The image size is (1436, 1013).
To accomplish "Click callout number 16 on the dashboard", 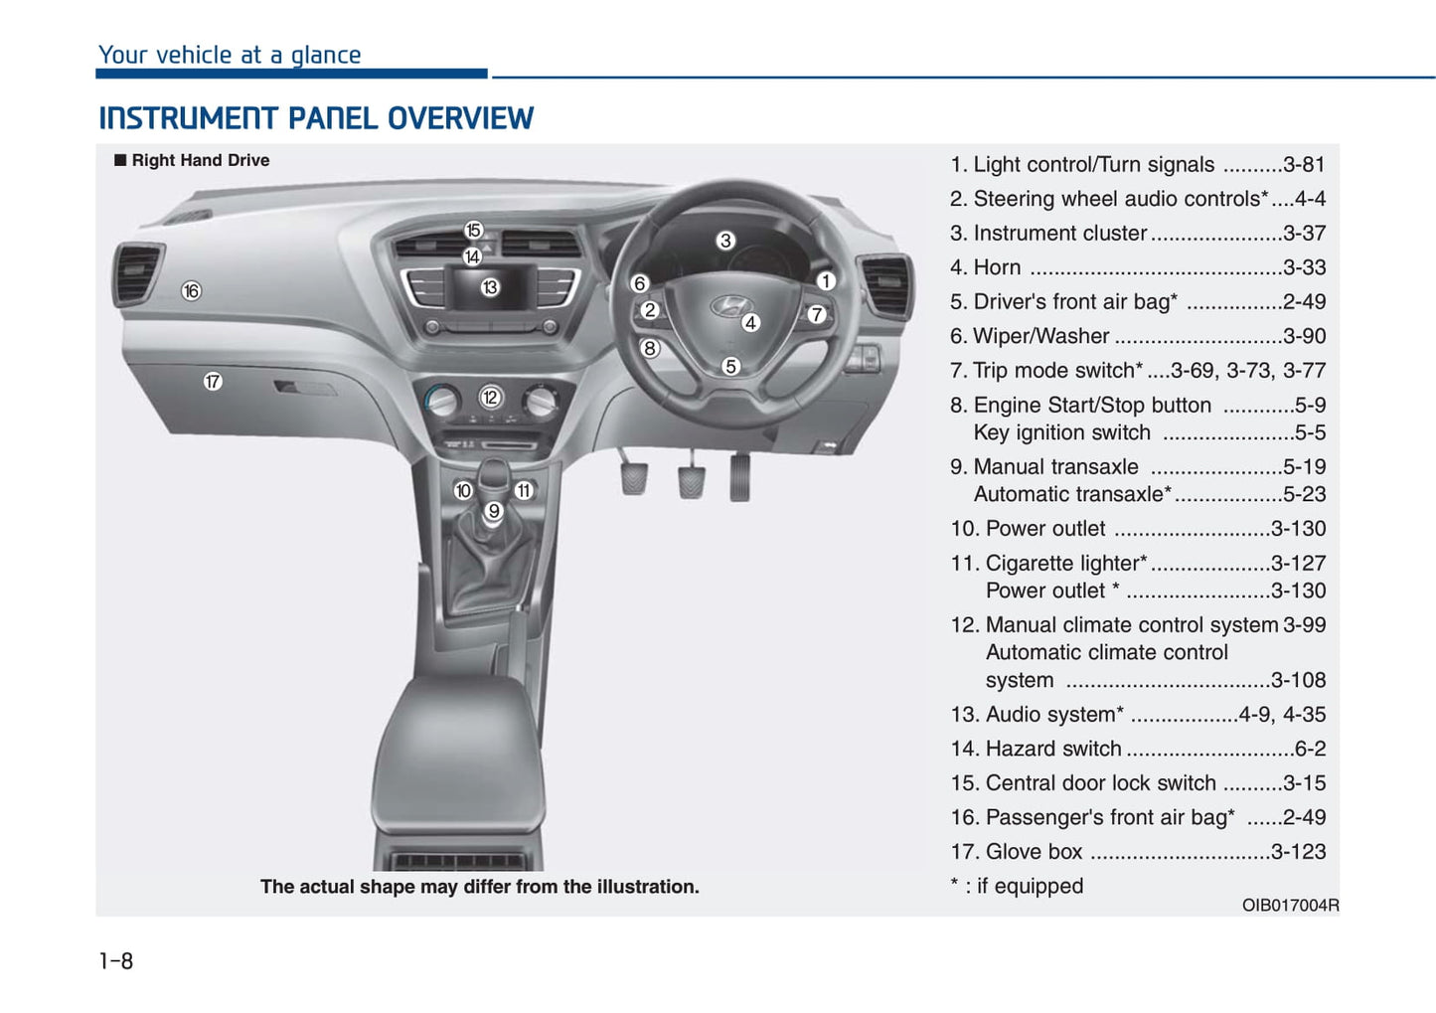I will (191, 291).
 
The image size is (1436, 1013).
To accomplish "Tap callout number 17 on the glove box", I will (213, 382).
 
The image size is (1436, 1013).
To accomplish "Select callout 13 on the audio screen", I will (490, 287).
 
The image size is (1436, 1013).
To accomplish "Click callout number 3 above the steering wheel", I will (725, 241).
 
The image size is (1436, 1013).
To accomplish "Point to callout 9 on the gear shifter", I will (494, 512).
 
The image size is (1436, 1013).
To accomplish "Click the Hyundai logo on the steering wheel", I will (731, 306).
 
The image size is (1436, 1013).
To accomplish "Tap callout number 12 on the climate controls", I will (490, 398).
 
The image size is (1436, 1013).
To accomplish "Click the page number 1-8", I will (116, 961).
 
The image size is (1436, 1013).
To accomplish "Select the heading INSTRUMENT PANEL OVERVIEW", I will (316, 119).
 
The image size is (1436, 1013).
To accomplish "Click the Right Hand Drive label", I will (200, 161).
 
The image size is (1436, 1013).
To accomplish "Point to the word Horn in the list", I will (997, 267).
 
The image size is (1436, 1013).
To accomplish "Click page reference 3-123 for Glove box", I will (1298, 852).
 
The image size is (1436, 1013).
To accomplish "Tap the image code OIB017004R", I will (1290, 906).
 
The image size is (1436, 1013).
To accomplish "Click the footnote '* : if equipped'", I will (1017, 886).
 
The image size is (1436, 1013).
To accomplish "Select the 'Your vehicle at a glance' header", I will (230, 56).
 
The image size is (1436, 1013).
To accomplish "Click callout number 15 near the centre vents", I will (473, 231).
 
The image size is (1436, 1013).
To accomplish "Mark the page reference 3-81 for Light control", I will (1304, 165).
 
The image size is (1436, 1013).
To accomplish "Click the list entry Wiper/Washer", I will (1040, 336).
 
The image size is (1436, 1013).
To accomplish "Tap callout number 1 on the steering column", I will (825, 281).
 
